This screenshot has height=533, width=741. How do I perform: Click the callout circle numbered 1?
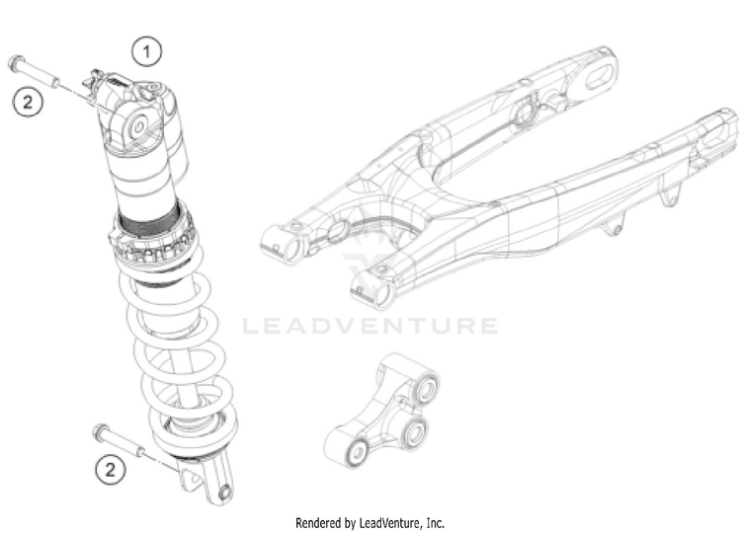147,48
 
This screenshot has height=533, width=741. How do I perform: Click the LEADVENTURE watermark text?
370,326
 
